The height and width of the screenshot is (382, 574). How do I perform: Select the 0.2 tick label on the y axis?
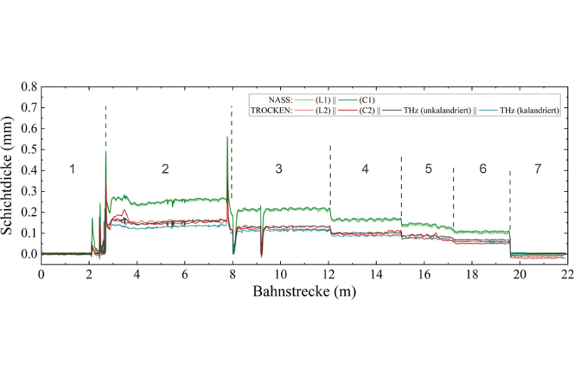pos(29,212)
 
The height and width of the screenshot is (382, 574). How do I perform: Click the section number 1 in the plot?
pos(73,169)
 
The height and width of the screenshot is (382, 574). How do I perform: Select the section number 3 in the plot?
pos(279,169)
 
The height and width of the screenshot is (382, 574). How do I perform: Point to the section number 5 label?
pos(427,169)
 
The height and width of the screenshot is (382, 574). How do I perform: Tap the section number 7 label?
pos(538,169)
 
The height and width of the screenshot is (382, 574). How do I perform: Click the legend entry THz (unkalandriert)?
pos(434,110)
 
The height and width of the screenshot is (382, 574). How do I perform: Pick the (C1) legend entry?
pos(366,100)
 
